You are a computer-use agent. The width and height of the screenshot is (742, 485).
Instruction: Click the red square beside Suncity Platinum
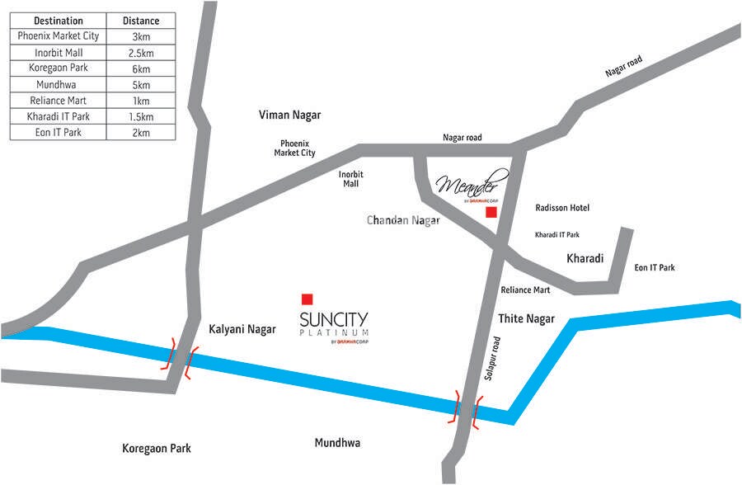pyautogui.click(x=308, y=299)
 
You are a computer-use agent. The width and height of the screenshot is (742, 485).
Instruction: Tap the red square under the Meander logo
pyautogui.click(x=491, y=212)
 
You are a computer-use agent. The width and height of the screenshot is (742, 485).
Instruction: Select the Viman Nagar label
pyautogui.click(x=289, y=115)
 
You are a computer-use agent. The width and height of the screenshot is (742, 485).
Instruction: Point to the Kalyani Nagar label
pyautogui.click(x=242, y=328)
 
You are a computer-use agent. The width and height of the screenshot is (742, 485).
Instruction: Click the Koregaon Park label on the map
pyautogui.click(x=157, y=448)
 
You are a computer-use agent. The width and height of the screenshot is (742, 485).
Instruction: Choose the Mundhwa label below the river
pyautogui.click(x=337, y=443)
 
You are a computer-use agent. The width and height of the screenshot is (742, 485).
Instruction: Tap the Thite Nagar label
pyautogui.click(x=527, y=318)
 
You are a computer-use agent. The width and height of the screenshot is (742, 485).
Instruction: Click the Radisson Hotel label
pyautogui.click(x=562, y=208)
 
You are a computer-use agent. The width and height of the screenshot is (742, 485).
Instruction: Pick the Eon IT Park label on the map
pyautogui.click(x=655, y=267)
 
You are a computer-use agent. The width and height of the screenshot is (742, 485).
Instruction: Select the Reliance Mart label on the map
pyautogui.click(x=525, y=290)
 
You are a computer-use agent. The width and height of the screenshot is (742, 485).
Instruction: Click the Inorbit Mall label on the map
pyautogui.click(x=351, y=179)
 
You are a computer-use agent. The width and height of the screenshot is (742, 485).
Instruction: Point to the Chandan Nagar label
pyautogui.click(x=403, y=220)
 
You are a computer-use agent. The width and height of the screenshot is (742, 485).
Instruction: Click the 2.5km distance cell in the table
pyautogui.click(x=141, y=52)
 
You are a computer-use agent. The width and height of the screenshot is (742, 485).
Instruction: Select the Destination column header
pyautogui.click(x=59, y=20)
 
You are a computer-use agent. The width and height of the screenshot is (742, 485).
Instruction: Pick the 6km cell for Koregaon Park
pyautogui.click(x=141, y=68)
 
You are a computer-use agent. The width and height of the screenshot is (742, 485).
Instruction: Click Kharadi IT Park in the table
pyautogui.click(x=59, y=116)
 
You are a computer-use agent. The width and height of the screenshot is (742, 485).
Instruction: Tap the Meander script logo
pyautogui.click(x=473, y=186)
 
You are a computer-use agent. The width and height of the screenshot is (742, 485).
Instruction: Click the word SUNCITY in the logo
pyautogui.click(x=334, y=319)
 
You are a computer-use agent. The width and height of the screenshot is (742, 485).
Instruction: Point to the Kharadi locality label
pyautogui.click(x=585, y=258)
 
